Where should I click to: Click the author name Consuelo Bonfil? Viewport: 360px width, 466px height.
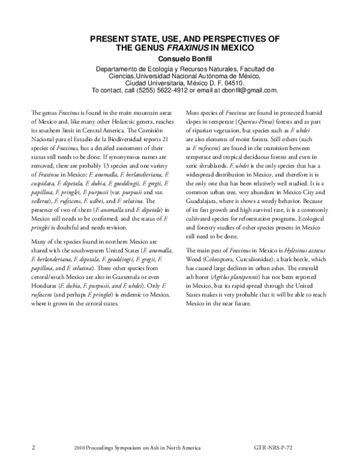[180, 59]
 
